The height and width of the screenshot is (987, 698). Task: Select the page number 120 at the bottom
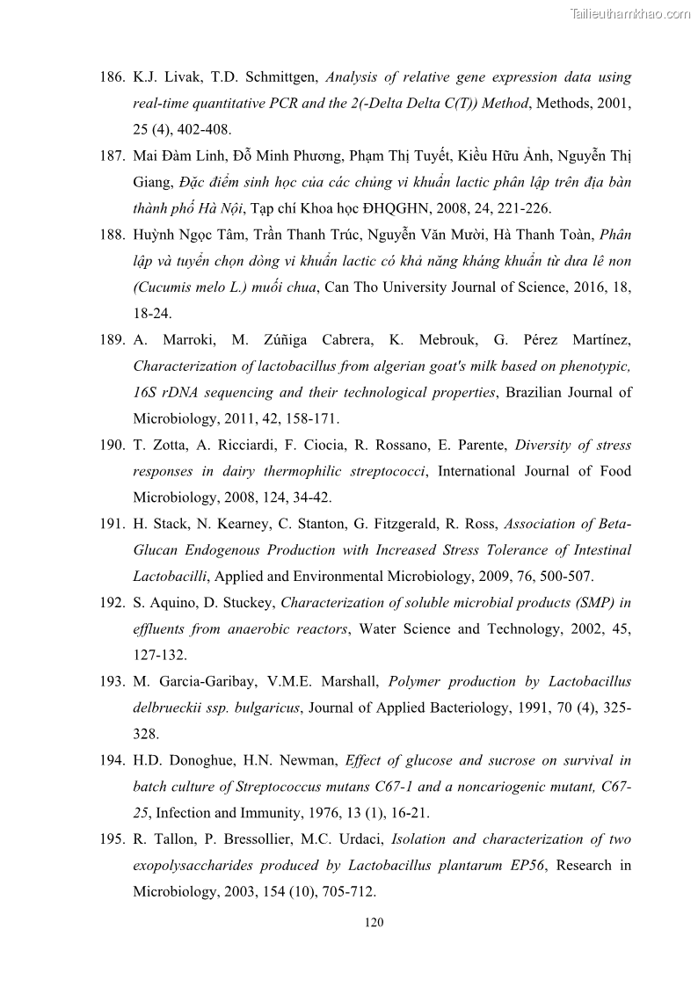pos(374,923)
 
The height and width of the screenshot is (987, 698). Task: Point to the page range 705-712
pos(345,892)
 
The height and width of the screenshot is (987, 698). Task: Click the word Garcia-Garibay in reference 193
pos(202,681)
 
